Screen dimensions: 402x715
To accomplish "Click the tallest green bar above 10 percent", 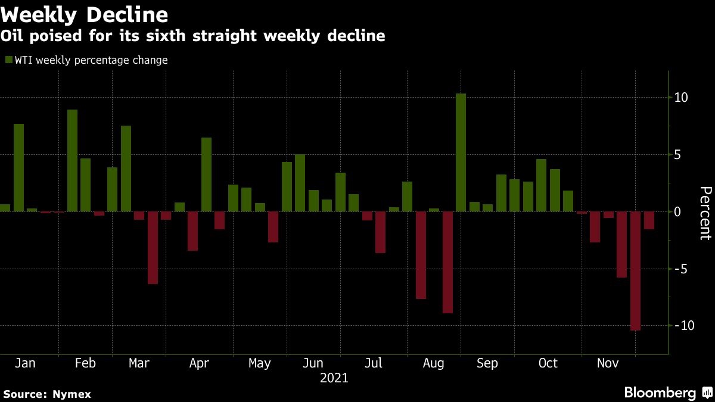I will click(461, 152).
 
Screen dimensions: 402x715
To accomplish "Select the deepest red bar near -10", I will click(635, 271).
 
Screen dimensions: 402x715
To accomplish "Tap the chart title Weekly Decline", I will click(85, 14).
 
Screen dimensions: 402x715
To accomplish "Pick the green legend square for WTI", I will click(8, 60).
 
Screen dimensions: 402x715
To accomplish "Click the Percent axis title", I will click(705, 213).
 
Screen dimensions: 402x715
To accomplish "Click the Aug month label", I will click(433, 363).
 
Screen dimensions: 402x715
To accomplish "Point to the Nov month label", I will click(608, 363).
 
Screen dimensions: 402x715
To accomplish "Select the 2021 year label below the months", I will click(334, 378).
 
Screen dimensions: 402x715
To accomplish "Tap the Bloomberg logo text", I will click(660, 393).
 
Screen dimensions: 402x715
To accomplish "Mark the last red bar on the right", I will click(649, 220).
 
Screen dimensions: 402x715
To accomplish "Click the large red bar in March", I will click(153, 248).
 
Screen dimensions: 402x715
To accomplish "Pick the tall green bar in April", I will click(206, 174).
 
